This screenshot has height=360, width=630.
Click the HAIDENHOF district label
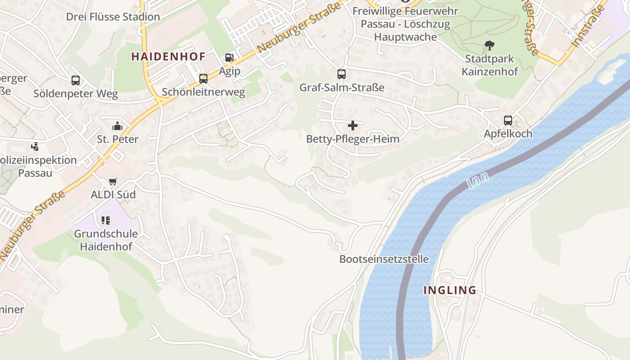(x=168, y=57)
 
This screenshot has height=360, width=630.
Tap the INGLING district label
(x=450, y=290)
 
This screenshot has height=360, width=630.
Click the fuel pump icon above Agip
(x=229, y=58)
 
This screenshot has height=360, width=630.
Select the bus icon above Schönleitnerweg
(x=203, y=79)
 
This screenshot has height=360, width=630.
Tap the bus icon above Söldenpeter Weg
(x=76, y=81)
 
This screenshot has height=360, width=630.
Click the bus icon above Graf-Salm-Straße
(x=342, y=74)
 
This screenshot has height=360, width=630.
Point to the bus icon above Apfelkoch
(x=508, y=121)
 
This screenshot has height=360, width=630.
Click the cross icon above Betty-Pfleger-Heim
(x=353, y=126)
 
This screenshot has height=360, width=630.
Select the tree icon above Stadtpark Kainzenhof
(x=490, y=45)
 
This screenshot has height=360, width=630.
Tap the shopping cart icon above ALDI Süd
(x=113, y=182)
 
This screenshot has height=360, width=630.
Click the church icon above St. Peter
(x=117, y=126)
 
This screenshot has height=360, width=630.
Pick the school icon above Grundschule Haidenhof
(x=106, y=220)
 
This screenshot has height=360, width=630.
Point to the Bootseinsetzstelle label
(x=384, y=259)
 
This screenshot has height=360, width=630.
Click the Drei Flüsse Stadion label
(x=113, y=17)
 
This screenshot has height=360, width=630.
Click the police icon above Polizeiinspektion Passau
(x=35, y=147)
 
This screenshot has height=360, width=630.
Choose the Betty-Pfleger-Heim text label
(x=353, y=139)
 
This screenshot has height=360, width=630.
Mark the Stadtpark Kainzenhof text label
(x=490, y=65)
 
